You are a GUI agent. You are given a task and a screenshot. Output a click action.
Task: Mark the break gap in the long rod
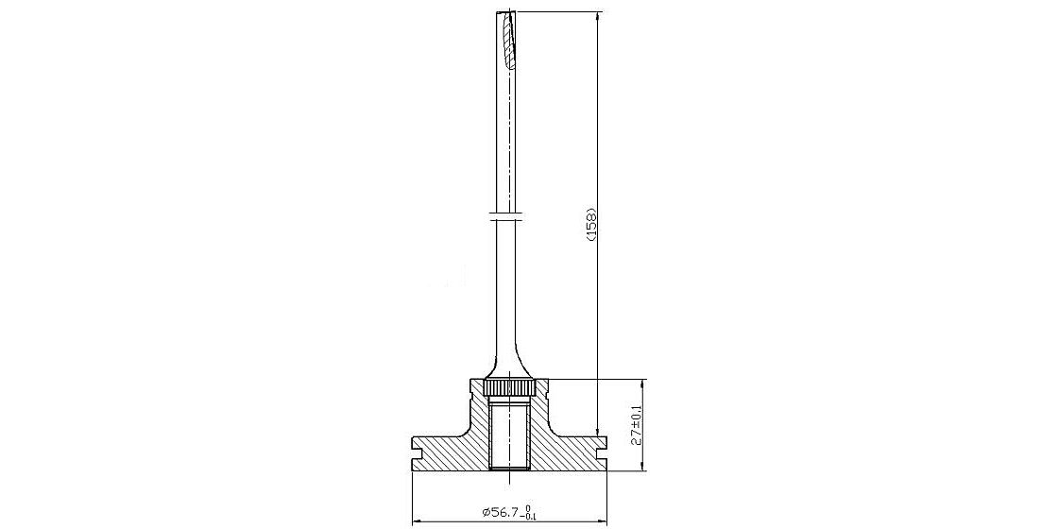(507, 217)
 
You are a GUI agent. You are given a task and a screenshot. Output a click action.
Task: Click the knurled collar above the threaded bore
(510, 388)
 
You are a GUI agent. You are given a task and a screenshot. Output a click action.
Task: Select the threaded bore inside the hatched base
(510, 434)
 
